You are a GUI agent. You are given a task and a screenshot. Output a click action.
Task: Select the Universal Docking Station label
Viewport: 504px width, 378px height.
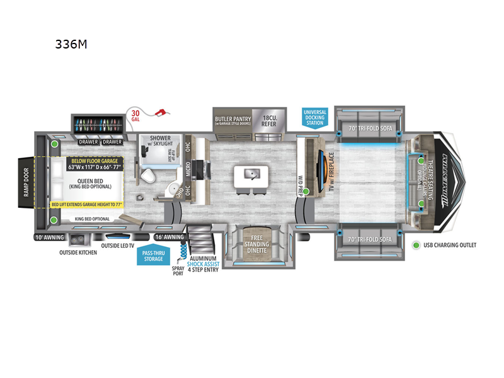tap(315, 117)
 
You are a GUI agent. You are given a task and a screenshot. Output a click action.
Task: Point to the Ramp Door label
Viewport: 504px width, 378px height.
tap(26, 183)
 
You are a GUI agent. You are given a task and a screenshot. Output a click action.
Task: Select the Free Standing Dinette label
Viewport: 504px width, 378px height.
tap(257, 244)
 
